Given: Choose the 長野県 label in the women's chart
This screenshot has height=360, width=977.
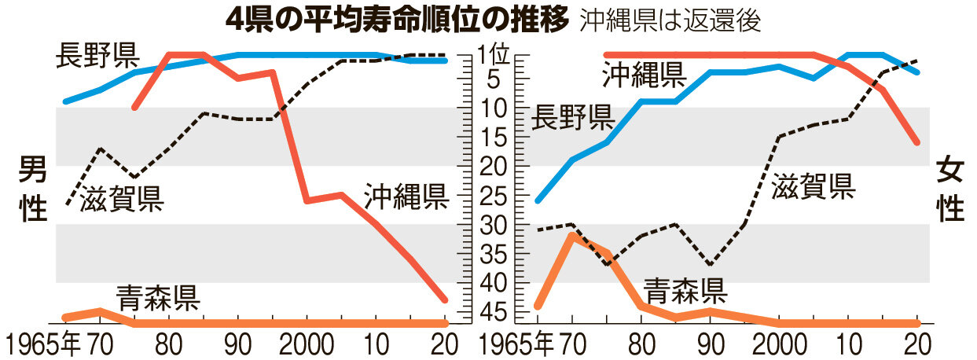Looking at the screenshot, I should [572, 119].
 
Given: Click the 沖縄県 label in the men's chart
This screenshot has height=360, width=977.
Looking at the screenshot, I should [406, 197].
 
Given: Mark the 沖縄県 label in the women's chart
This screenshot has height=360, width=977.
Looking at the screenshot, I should [644, 75].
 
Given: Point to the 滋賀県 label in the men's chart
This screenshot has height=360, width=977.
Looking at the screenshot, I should [122, 200].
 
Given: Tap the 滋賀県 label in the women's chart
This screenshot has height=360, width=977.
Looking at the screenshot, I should [813, 186].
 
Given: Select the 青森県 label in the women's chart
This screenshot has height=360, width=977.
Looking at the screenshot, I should [685, 291].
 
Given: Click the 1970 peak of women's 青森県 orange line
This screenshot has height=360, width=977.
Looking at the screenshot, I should [572, 235].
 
